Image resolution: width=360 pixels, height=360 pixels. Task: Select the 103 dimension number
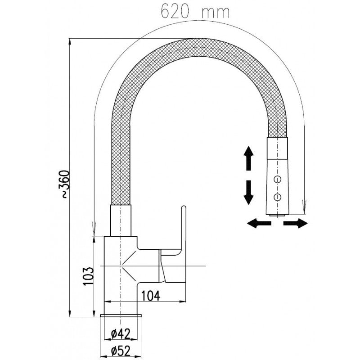click(x=88, y=275)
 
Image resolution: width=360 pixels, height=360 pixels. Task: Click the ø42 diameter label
click(x=120, y=333)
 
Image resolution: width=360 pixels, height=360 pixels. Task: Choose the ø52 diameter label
click(x=120, y=349)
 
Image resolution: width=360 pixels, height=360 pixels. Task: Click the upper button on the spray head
click(x=278, y=180)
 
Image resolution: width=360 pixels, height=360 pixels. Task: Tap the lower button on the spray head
click(x=278, y=196)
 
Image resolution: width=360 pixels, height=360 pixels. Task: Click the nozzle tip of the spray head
click(x=277, y=214)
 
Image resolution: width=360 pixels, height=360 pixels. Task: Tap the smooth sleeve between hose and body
click(x=121, y=220)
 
